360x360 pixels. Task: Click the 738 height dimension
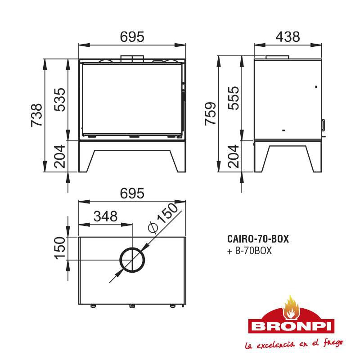pyautogui.click(x=37, y=115)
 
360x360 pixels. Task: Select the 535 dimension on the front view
pyautogui.click(x=60, y=100)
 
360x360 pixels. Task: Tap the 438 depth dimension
pyautogui.click(x=288, y=37)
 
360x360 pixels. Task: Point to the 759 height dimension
pyautogui.click(x=210, y=114)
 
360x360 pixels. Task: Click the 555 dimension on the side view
pyautogui.click(x=233, y=98)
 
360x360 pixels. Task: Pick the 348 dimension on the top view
pyautogui.click(x=106, y=216)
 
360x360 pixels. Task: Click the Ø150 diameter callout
pyautogui.click(x=163, y=217)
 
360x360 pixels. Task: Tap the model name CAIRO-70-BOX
pyautogui.click(x=258, y=239)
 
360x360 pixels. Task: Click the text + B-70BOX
pyautogui.click(x=249, y=251)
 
